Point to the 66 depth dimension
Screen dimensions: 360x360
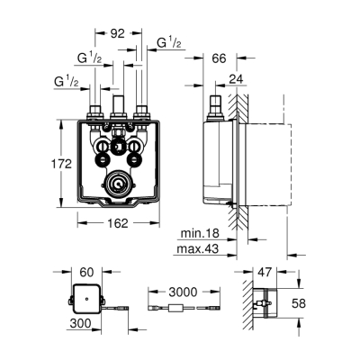coord(218,58)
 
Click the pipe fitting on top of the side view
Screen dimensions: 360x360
coord(216,106)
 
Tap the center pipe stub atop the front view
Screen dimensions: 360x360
coord(118,101)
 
